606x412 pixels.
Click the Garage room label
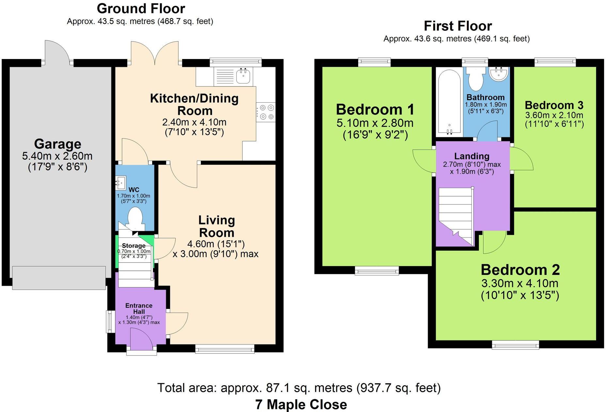click(57, 144)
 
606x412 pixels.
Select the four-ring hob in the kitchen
click(266, 112)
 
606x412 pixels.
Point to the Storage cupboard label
click(134, 246)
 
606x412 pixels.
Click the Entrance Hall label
click(139, 308)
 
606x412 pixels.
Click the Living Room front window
click(225, 349)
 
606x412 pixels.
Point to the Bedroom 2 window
click(515, 345)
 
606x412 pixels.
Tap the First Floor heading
click(457, 26)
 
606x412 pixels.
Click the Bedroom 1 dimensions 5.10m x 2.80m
click(375, 123)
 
